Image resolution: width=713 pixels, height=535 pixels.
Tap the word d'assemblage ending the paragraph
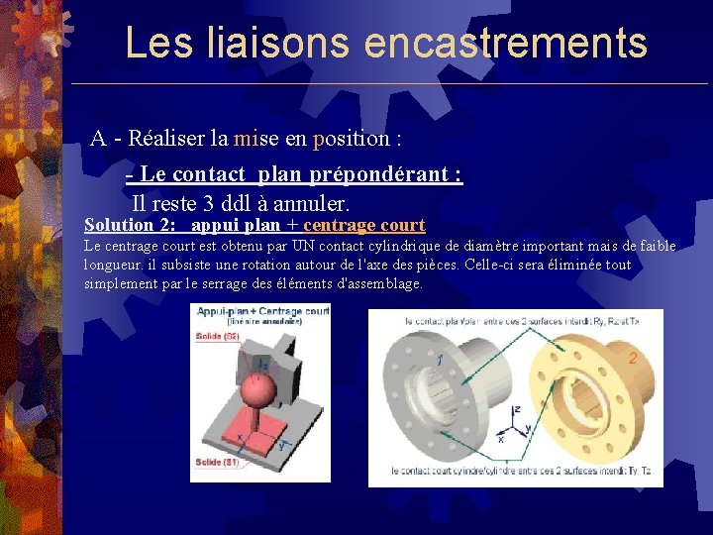pyautogui.click(x=380, y=283)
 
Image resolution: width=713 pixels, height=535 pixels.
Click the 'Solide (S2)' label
pyautogui.click(x=217, y=337)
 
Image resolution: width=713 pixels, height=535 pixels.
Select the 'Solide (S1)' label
pyautogui.click(x=217, y=462)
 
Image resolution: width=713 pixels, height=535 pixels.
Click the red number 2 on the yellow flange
pyautogui.click(x=632, y=359)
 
